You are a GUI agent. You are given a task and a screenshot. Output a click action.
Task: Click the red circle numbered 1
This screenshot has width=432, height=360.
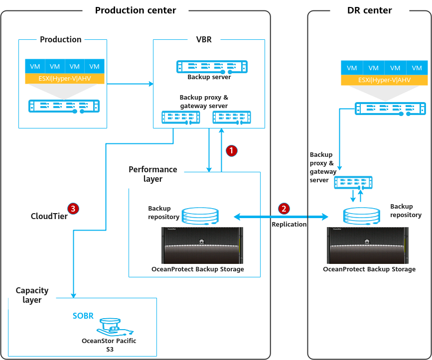click(231, 149)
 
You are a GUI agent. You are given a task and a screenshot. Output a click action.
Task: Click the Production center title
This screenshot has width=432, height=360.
click(136, 10)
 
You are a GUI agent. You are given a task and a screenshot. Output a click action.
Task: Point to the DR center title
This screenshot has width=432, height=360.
click(369, 10)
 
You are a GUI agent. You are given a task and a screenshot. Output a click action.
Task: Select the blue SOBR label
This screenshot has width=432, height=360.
click(83, 316)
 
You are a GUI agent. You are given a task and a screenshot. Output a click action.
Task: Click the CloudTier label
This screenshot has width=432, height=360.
click(46, 216)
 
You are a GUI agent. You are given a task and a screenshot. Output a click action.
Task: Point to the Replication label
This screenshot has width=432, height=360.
click(289, 225)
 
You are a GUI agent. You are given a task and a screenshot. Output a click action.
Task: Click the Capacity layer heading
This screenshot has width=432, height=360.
click(32, 295)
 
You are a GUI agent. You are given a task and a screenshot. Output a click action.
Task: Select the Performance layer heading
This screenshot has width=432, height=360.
click(152, 174)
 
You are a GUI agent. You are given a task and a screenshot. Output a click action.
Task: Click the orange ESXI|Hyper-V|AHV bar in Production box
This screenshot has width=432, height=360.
click(65, 78)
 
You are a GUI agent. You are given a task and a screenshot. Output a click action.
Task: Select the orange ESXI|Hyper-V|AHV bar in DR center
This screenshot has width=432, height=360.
click(384, 81)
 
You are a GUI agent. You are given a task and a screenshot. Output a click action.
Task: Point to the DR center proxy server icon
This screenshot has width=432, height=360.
click(353, 182)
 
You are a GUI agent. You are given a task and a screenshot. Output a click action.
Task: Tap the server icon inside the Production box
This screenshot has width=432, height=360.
click(64, 106)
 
